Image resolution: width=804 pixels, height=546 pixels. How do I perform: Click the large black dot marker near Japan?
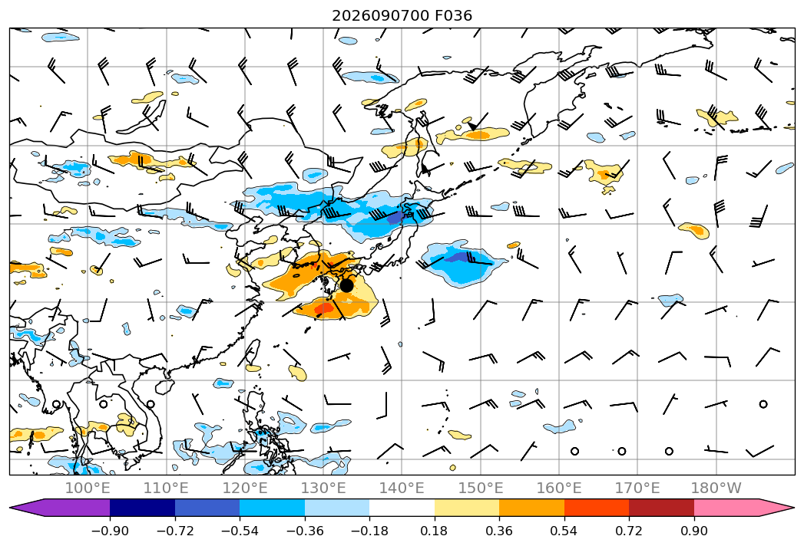pyautogui.click(x=346, y=285)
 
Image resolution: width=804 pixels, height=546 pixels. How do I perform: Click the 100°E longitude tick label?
pyautogui.click(x=88, y=488)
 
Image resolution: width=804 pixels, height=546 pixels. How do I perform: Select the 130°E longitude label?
pyautogui.click(x=323, y=488)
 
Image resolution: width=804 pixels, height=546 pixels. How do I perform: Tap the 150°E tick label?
pyautogui.click(x=481, y=488)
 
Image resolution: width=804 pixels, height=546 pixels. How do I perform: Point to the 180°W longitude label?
pyautogui.click(x=716, y=488)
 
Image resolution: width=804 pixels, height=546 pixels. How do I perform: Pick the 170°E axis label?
pyautogui.click(x=637, y=488)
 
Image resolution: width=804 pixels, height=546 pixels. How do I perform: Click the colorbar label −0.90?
pyautogui.click(x=110, y=531)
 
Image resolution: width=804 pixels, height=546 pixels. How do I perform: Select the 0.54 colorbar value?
pyautogui.click(x=564, y=531)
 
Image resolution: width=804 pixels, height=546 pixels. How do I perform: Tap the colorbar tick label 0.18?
pyautogui.click(x=435, y=531)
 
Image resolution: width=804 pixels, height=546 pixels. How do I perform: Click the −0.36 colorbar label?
pyautogui.click(x=305, y=531)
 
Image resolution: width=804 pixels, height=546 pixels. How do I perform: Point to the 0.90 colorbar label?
pyautogui.click(x=693, y=531)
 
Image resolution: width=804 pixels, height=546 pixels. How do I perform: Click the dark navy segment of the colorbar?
pyautogui.click(x=142, y=508)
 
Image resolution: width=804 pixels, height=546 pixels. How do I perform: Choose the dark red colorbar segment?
pyautogui.click(x=661, y=508)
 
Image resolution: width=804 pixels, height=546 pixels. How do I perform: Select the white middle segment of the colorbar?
pyautogui.click(x=402, y=508)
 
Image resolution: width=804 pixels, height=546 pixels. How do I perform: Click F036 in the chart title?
pyautogui.click(x=453, y=16)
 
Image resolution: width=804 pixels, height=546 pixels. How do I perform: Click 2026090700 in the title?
pyautogui.click(x=380, y=16)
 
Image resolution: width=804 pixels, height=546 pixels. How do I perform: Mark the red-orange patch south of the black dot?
pyautogui.click(x=324, y=309)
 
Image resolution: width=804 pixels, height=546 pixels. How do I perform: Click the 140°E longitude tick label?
pyautogui.click(x=402, y=488)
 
